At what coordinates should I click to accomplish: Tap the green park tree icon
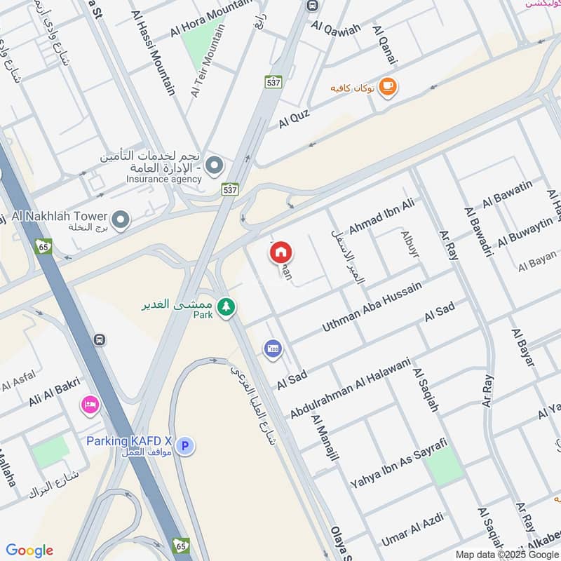[x=225, y=307]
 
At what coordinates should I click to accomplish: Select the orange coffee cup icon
[x=386, y=87]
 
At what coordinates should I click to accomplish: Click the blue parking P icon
[x=184, y=445]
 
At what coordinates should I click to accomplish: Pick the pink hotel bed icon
[x=90, y=405]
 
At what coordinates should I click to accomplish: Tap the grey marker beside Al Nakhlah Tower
[x=121, y=220]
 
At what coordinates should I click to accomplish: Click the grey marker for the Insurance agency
[x=215, y=166]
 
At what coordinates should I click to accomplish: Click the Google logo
[x=29, y=550]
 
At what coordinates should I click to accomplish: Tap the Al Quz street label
[x=294, y=117]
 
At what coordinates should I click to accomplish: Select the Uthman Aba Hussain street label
[x=372, y=307]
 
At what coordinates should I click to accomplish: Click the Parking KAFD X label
[x=129, y=441]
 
